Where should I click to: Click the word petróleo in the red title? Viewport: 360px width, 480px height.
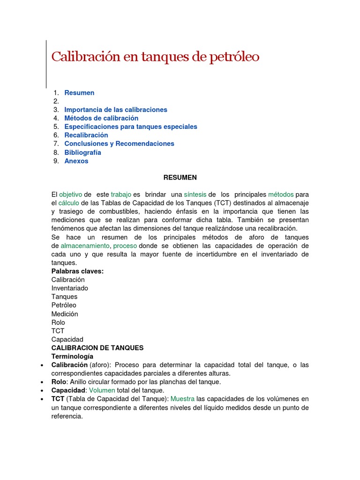(232, 57)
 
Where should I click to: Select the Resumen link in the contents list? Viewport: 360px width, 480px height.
(79, 93)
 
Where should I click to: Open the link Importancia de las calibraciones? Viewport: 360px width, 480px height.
(116, 110)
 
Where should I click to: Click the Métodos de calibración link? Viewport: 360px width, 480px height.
(101, 118)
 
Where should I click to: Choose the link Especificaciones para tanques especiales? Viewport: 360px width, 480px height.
(131, 127)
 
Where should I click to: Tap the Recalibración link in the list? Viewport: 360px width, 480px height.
(86, 135)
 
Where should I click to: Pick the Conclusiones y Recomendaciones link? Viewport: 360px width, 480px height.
(119, 143)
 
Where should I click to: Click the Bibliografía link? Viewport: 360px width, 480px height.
(82, 152)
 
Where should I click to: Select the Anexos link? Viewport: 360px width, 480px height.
(76, 161)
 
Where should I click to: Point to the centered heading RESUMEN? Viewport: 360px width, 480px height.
(180, 178)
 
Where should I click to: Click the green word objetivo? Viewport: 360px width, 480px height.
(71, 195)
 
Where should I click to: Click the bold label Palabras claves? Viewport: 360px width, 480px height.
(77, 271)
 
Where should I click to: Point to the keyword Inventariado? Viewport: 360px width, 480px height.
(70, 288)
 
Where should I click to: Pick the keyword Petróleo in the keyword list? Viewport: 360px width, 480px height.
(64, 305)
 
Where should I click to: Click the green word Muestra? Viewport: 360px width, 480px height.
(182, 399)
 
